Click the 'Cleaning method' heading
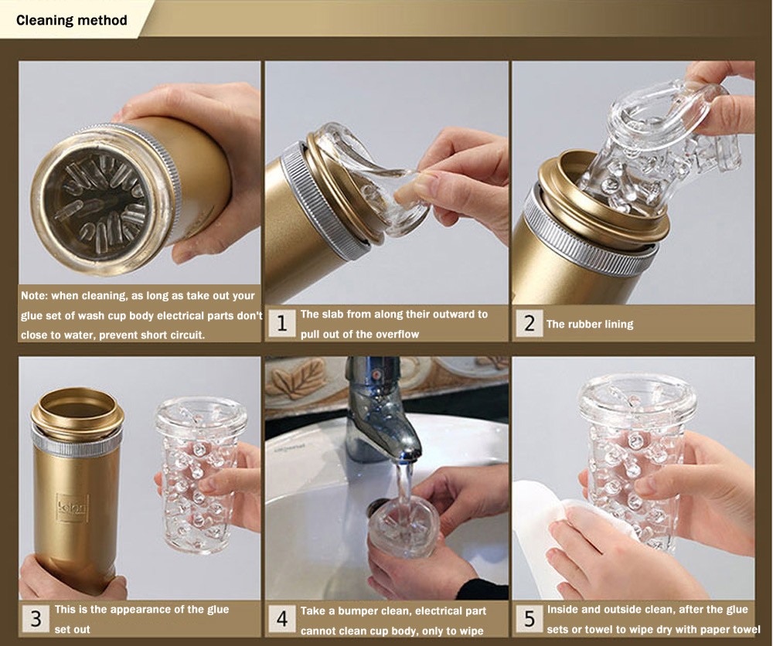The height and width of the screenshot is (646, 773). tap(71, 20)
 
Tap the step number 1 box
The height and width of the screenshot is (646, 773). tap(281, 324)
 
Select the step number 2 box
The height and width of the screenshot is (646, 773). tap(529, 323)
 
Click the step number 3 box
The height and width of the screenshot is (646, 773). tap(36, 619)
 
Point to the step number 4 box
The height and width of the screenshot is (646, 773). tap(281, 619)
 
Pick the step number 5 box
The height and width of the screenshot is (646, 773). tap(529, 619)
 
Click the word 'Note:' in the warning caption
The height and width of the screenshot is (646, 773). tap(34, 296)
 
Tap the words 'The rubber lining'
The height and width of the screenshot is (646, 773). tap(590, 325)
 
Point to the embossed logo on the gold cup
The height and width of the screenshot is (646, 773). tap(72, 507)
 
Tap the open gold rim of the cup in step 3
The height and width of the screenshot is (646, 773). tap(78, 408)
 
